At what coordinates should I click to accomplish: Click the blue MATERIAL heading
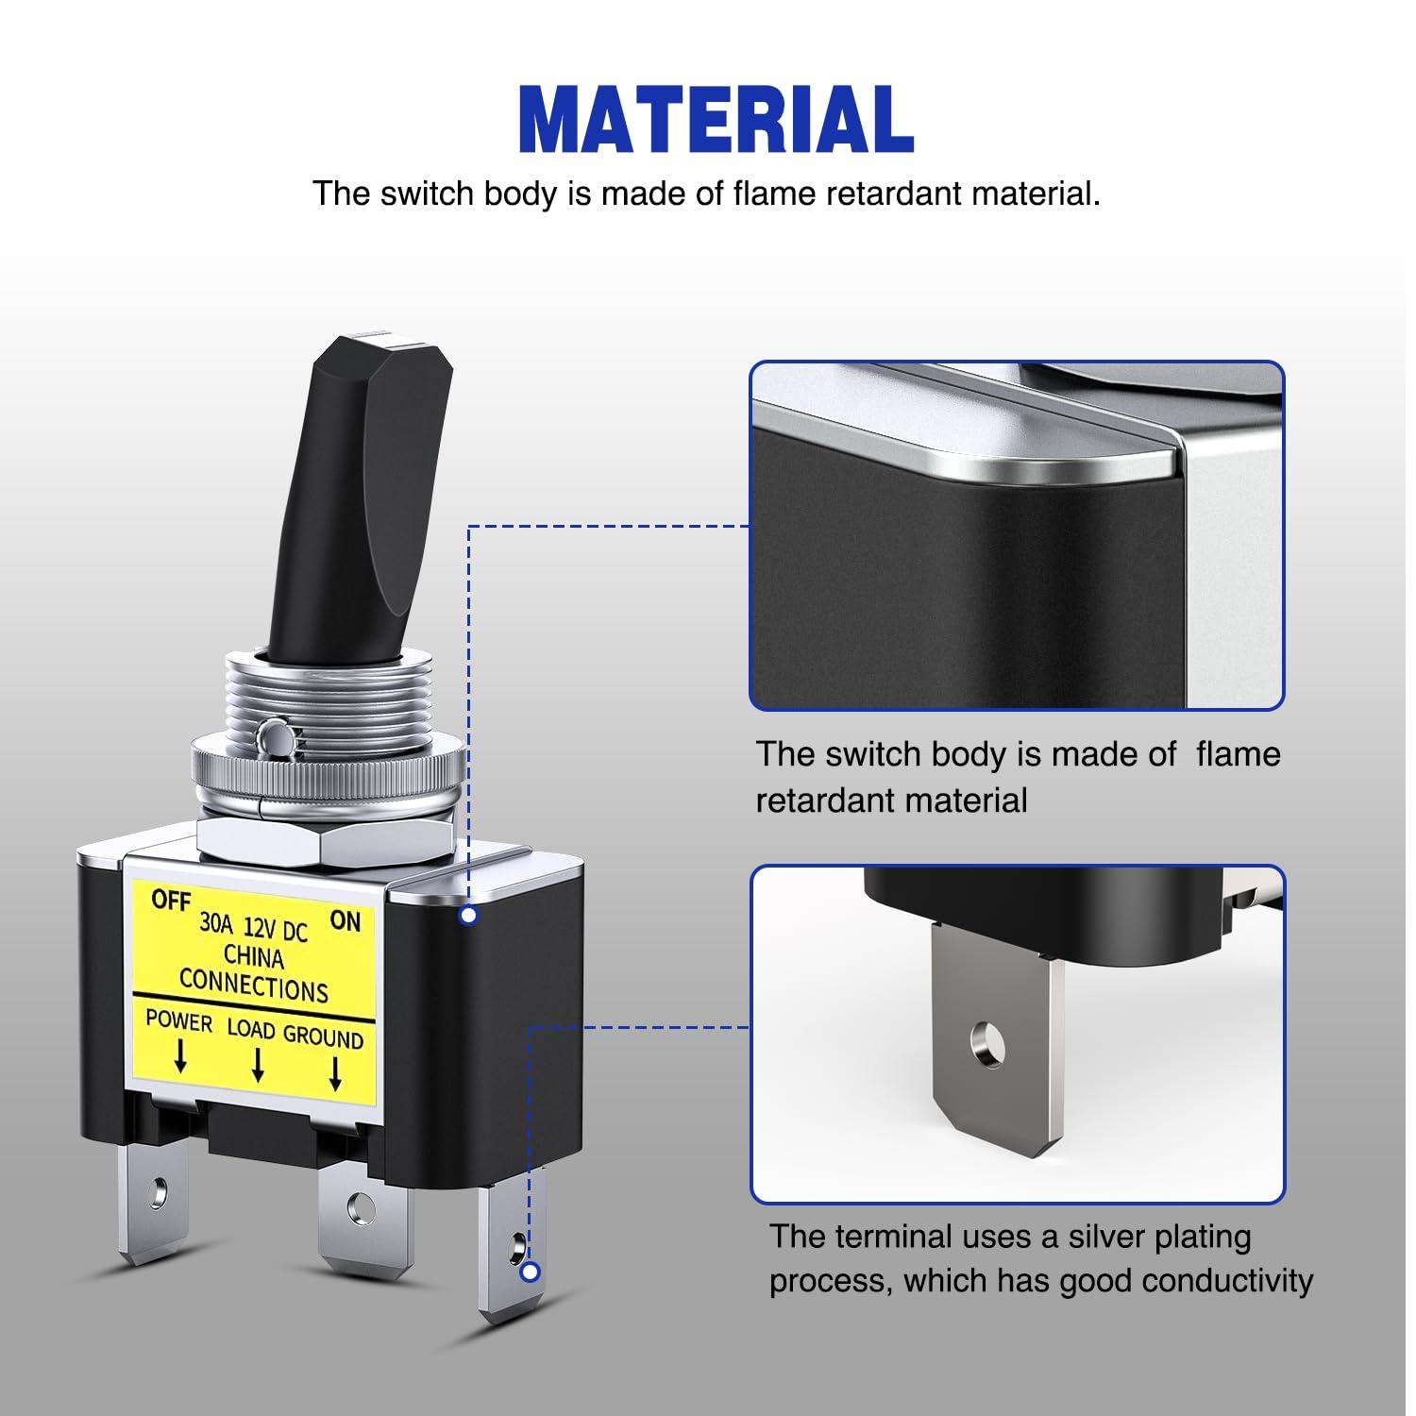pyautogui.click(x=716, y=119)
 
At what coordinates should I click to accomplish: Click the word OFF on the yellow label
pyautogui.click(x=171, y=900)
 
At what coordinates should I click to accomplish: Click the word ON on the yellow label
pyautogui.click(x=346, y=919)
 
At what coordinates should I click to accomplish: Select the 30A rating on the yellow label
pyautogui.click(x=215, y=922)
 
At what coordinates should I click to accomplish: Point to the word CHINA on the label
pyautogui.click(x=254, y=957)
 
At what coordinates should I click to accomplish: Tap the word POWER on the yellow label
pyautogui.click(x=178, y=1020)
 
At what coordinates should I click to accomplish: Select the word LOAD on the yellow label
pyautogui.click(x=251, y=1028)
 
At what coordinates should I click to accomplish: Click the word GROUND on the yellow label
pyautogui.click(x=324, y=1036)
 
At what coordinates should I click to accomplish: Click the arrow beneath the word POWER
pyautogui.click(x=180, y=1056)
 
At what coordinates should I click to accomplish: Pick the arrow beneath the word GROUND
pyautogui.click(x=334, y=1073)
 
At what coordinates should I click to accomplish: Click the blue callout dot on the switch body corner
pyautogui.click(x=468, y=915)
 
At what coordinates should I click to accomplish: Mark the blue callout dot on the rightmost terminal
pyautogui.click(x=531, y=1272)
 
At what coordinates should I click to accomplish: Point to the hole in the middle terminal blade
pyautogui.click(x=358, y=1206)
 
